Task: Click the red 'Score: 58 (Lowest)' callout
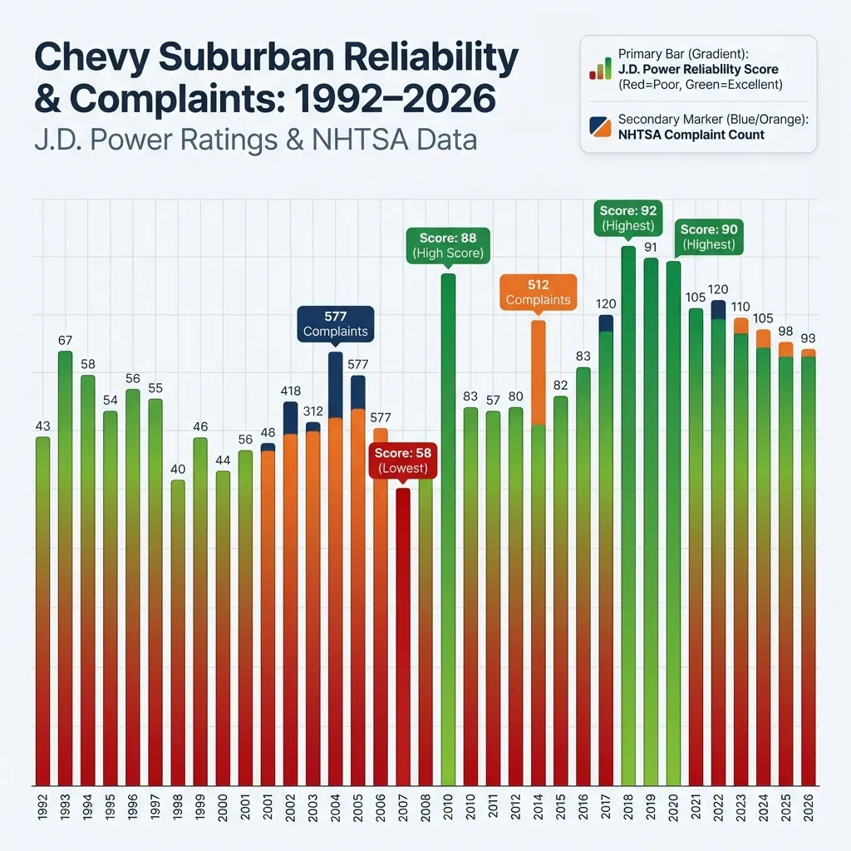[x=402, y=460]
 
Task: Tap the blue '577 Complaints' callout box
[x=336, y=323]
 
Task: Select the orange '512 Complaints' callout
[x=538, y=292]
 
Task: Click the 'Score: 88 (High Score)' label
[x=446, y=245]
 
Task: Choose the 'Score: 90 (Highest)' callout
[x=709, y=237]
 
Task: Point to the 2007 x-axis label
[x=403, y=810]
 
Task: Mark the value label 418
[x=291, y=391]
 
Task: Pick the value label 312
[x=313, y=411]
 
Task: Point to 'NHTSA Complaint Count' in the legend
[x=691, y=135]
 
